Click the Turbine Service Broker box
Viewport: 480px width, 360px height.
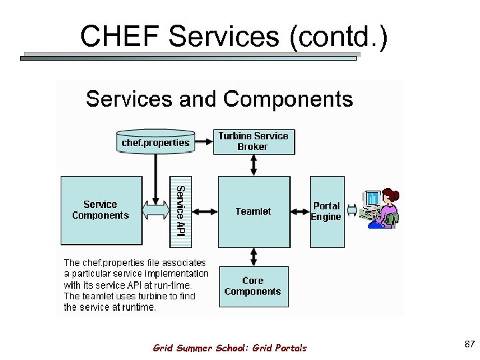[x=253, y=141]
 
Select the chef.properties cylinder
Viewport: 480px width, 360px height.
[x=155, y=142]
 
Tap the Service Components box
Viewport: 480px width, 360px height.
[x=101, y=210]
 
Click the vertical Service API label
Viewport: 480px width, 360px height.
[x=179, y=211]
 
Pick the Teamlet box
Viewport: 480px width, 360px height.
[x=254, y=211]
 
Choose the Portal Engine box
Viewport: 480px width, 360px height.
[x=327, y=211]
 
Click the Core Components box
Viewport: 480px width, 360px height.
[x=253, y=286]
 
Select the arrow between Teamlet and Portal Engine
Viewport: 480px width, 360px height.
[x=300, y=211]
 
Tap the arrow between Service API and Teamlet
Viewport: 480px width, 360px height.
[x=203, y=211]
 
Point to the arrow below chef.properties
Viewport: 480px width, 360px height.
[x=155, y=177]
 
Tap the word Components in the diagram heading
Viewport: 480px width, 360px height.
[x=288, y=99]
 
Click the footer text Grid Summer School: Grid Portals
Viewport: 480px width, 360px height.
[x=230, y=348]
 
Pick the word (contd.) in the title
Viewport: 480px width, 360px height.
[x=338, y=37]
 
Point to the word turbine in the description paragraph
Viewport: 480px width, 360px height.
[x=147, y=296]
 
